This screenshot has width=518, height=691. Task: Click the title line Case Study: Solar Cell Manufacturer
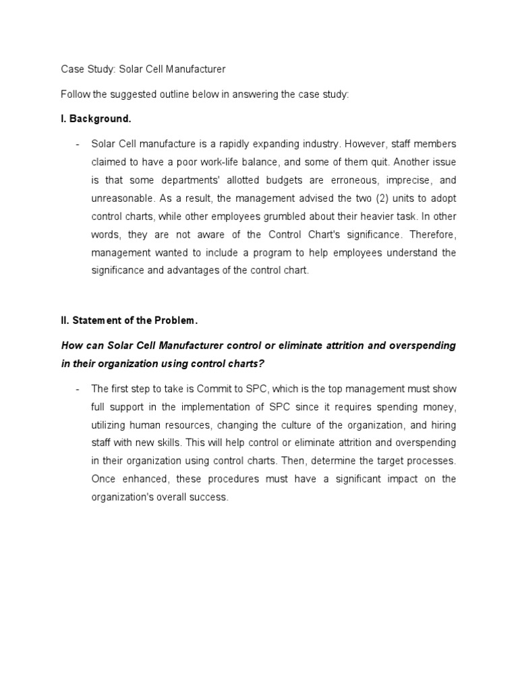pyautogui.click(x=143, y=69)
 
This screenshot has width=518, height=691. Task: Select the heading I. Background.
pyautogui.click(x=96, y=119)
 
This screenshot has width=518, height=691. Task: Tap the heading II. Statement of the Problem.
pyautogui.click(x=129, y=320)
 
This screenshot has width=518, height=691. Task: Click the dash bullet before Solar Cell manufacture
pyautogui.click(x=78, y=144)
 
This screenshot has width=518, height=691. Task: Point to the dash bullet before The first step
pyautogui.click(x=78, y=389)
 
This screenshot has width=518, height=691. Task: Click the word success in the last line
pyautogui.click(x=210, y=497)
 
